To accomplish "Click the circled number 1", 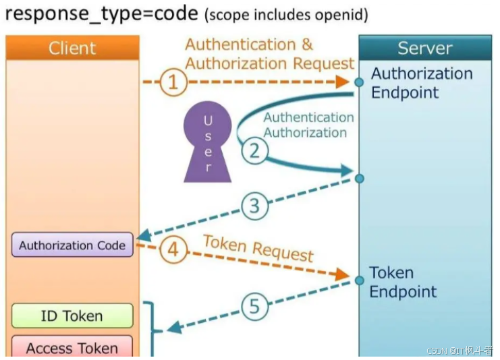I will coord(173,82).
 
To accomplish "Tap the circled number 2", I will coord(254,150).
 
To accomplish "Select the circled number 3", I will coord(254,206).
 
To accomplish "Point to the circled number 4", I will coord(173,250).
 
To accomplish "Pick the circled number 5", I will coord(254,307).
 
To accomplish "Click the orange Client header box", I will coord(73,48).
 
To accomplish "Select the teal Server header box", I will coord(425,48).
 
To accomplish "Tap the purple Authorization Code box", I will coord(72,245).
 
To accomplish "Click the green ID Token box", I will coord(72,316).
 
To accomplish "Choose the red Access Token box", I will coord(72,347).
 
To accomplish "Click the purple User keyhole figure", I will coord(208,142).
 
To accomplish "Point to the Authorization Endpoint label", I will coord(422,83).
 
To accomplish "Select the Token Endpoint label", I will coord(403,282).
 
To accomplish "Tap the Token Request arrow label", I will coord(258,247).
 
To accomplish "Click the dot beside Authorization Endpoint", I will coord(360,82).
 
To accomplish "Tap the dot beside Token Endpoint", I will coord(359,278).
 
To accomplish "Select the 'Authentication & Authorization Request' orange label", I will coord(269,54).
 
